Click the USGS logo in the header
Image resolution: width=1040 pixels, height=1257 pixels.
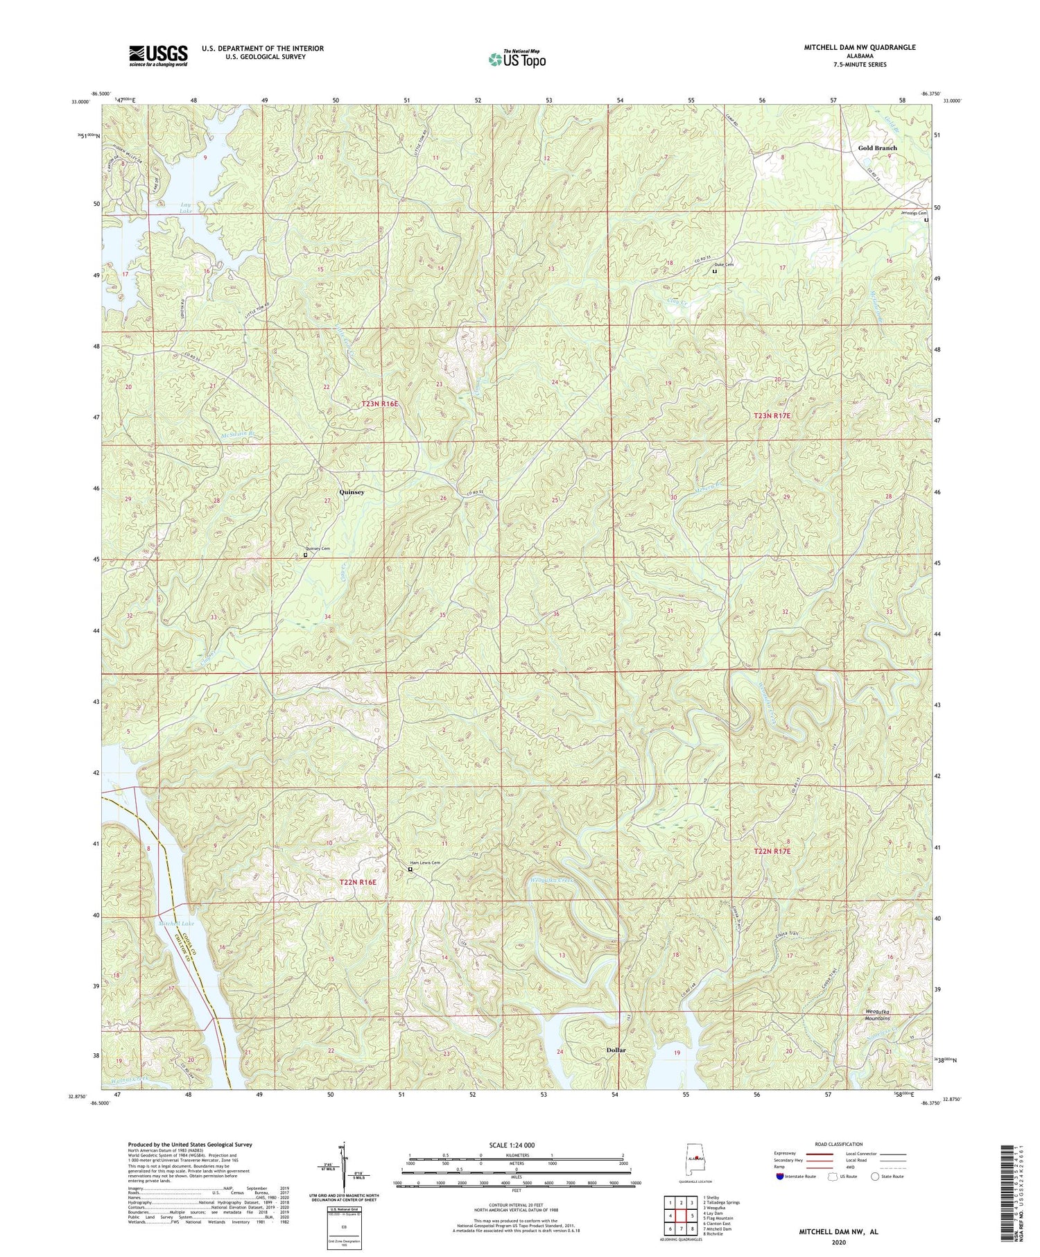pos(158,55)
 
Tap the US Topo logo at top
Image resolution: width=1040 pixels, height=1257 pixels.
pos(517,59)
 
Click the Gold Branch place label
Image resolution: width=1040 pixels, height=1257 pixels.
pos(877,148)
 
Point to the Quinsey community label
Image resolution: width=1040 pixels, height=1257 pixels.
pos(352,492)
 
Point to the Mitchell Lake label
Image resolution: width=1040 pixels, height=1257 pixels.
pos(178,924)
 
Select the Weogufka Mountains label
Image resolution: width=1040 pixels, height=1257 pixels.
pos(877,1016)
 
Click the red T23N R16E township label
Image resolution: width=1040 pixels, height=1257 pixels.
pos(379,404)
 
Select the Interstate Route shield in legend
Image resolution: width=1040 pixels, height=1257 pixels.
pos(780,1176)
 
